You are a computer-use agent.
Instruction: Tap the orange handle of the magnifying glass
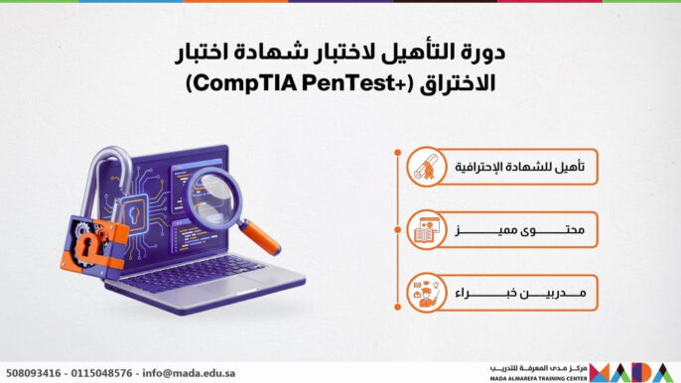[260, 236]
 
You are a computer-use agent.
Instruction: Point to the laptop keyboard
[199, 271]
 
